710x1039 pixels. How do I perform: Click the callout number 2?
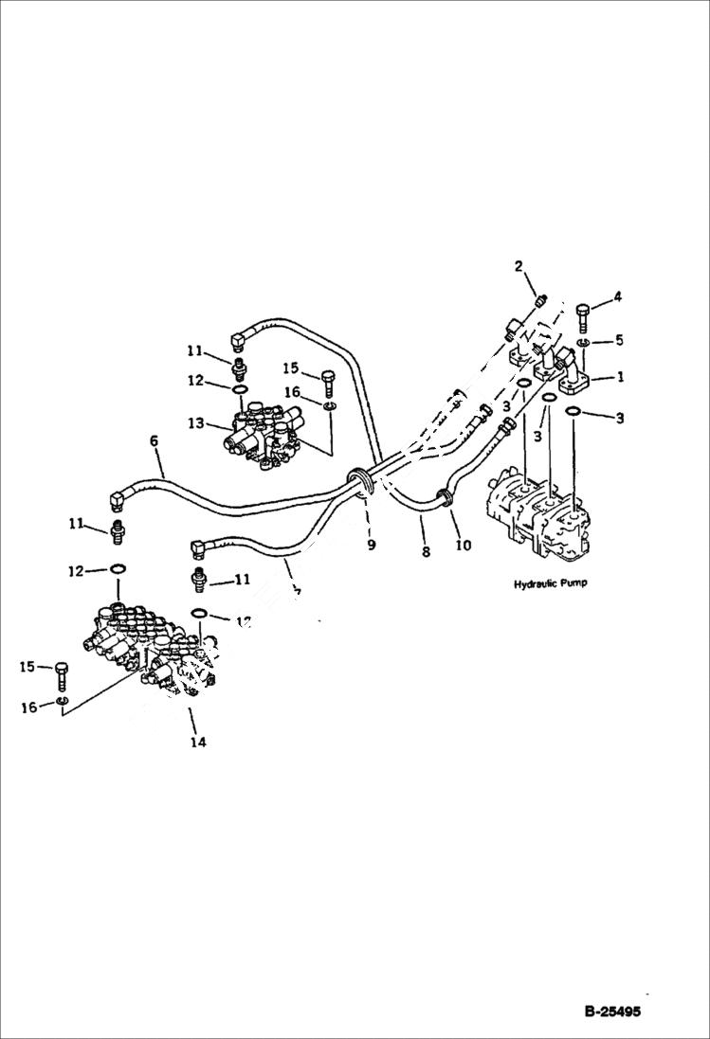click(519, 266)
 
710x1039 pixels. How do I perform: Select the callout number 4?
click(617, 296)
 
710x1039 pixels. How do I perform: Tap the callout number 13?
click(196, 424)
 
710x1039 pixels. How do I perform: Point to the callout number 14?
click(197, 742)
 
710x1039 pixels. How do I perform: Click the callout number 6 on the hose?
click(152, 441)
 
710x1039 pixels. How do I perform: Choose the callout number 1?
click(620, 377)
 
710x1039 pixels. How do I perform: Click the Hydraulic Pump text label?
click(550, 583)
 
